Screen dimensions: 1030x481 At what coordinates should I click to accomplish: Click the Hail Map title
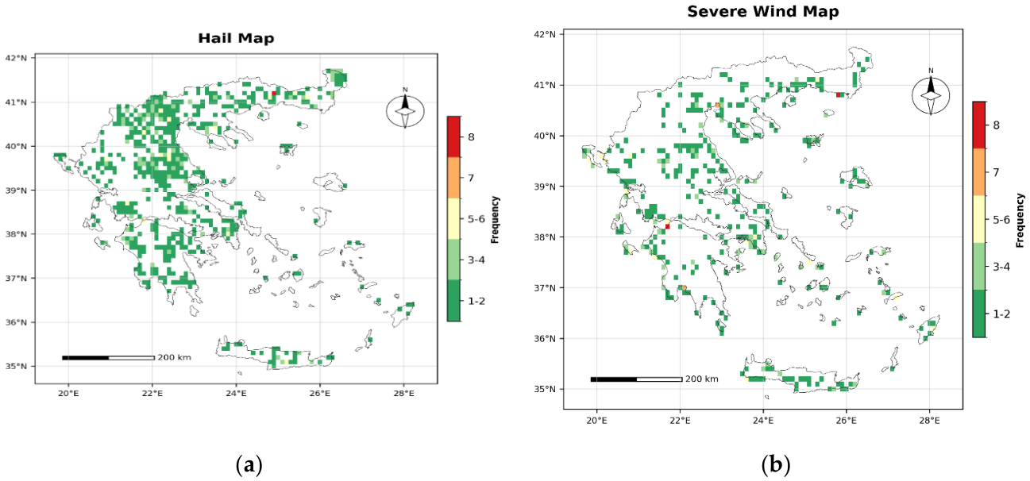pos(236,38)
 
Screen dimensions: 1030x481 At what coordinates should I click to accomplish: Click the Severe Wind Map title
pos(763,11)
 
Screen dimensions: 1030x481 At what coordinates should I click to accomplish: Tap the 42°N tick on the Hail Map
pos(16,58)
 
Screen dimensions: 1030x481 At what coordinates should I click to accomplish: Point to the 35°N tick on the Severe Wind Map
pos(545,389)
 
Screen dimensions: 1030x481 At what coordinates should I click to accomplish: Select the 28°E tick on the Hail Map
pos(403,393)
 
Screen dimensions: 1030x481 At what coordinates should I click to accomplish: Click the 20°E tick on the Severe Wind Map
pos(597,421)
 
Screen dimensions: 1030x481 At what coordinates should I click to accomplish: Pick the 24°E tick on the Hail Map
pos(236,393)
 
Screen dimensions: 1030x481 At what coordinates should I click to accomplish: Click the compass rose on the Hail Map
pos(405,110)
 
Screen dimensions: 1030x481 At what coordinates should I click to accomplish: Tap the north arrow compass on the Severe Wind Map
pos(931,95)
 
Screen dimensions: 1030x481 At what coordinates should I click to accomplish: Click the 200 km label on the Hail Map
pos(174,357)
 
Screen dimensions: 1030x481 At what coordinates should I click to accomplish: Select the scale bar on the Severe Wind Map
pos(636,379)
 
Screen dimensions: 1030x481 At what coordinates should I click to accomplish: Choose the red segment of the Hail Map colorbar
pos(453,137)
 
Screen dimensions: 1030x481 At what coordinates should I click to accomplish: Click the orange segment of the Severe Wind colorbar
pos(979,171)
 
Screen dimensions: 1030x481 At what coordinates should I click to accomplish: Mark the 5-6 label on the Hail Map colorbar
pos(476,219)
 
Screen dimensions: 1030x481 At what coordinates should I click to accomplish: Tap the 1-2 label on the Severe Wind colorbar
pos(1001,314)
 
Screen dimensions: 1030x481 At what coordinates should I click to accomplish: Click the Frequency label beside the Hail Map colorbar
pos(495,220)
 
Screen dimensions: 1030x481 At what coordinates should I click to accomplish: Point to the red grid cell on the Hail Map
pos(274,93)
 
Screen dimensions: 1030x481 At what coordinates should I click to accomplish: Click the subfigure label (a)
pos(249,465)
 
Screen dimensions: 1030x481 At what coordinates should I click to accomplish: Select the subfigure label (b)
pos(776,465)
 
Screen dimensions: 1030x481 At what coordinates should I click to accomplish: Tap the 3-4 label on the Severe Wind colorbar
pos(1001,267)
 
